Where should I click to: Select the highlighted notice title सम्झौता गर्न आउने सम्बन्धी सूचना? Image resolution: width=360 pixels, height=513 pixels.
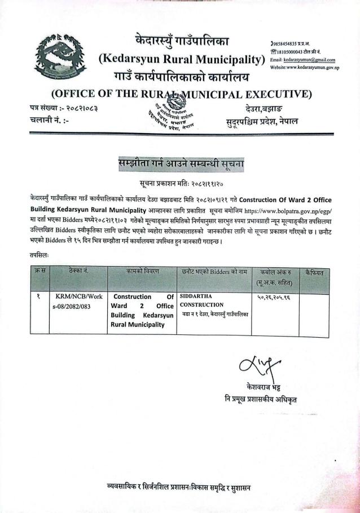click(181, 165)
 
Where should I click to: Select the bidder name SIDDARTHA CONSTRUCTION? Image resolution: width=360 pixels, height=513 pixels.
click(201, 300)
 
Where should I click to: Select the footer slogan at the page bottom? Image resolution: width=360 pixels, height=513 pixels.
click(178, 487)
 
